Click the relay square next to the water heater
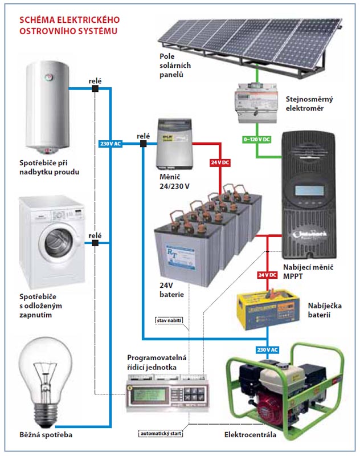(95, 89)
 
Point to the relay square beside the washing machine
(95, 243)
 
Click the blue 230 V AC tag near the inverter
(111, 144)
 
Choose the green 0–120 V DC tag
(256, 139)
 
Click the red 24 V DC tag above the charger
(267, 275)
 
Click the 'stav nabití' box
(169, 322)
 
